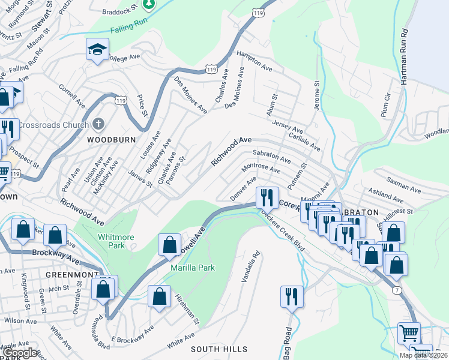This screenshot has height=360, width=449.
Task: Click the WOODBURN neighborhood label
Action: click(x=108, y=139)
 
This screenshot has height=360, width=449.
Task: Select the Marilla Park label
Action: click(x=192, y=267)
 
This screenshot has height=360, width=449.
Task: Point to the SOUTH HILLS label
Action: click(x=218, y=349)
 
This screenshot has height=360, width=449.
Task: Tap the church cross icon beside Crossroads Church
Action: click(x=99, y=125)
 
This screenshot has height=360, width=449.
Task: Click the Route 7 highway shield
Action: click(x=397, y=290)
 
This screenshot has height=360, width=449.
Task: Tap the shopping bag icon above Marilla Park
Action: click(x=169, y=244)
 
